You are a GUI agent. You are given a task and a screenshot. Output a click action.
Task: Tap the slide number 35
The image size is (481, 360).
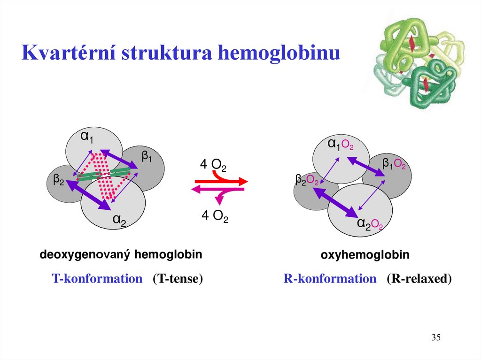click(436, 338)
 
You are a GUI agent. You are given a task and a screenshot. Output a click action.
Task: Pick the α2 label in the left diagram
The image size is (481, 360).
click(119, 219)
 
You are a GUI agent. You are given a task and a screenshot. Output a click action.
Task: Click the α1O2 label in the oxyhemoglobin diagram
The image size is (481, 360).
click(341, 144)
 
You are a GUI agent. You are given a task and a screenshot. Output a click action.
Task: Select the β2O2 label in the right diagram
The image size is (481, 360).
click(307, 180)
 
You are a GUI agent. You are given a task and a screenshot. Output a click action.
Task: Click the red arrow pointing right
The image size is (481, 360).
click(221, 181)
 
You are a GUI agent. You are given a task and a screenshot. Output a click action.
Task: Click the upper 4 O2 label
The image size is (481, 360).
click(213, 165)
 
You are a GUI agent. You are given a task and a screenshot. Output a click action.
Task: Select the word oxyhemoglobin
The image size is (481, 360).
click(365, 255)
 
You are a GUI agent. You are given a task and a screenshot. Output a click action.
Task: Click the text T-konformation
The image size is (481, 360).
click(97, 279)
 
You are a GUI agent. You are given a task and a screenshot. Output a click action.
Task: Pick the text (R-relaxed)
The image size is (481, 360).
click(419, 279)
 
